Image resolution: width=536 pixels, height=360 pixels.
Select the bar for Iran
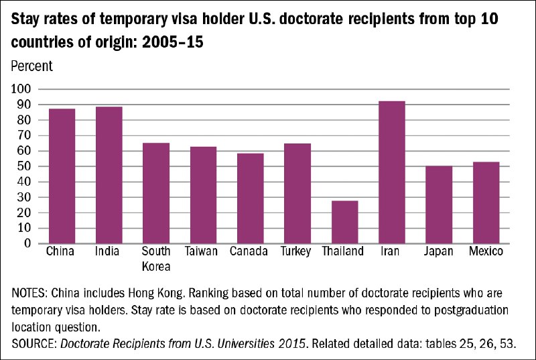coord(392,172)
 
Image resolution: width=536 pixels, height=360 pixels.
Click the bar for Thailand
coord(345,222)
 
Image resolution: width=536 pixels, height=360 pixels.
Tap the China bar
coord(62,176)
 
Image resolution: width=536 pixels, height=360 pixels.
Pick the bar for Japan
coord(439,204)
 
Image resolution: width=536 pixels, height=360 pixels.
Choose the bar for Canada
coord(251,198)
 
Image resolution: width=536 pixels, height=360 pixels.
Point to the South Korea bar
coord(156,193)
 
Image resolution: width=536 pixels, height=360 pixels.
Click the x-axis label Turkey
coord(295,251)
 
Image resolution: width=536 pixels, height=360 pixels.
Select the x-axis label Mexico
coord(486,251)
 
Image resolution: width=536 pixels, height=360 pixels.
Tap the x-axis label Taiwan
coord(202,251)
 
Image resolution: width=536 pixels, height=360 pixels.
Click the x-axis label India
coord(107,251)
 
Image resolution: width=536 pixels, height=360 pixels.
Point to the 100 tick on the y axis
coord(21,89)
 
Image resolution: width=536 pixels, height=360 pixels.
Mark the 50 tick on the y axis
coord(24,166)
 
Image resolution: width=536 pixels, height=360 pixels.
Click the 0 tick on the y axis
coord(27,244)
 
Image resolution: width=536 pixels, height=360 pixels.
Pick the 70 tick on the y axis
coord(24,135)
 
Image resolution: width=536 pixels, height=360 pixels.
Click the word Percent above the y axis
coord(31,66)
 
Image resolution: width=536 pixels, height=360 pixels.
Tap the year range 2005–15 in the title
coord(173,42)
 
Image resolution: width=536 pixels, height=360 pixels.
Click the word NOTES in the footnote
coord(28,293)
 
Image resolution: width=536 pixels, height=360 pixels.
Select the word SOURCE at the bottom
coord(33,343)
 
